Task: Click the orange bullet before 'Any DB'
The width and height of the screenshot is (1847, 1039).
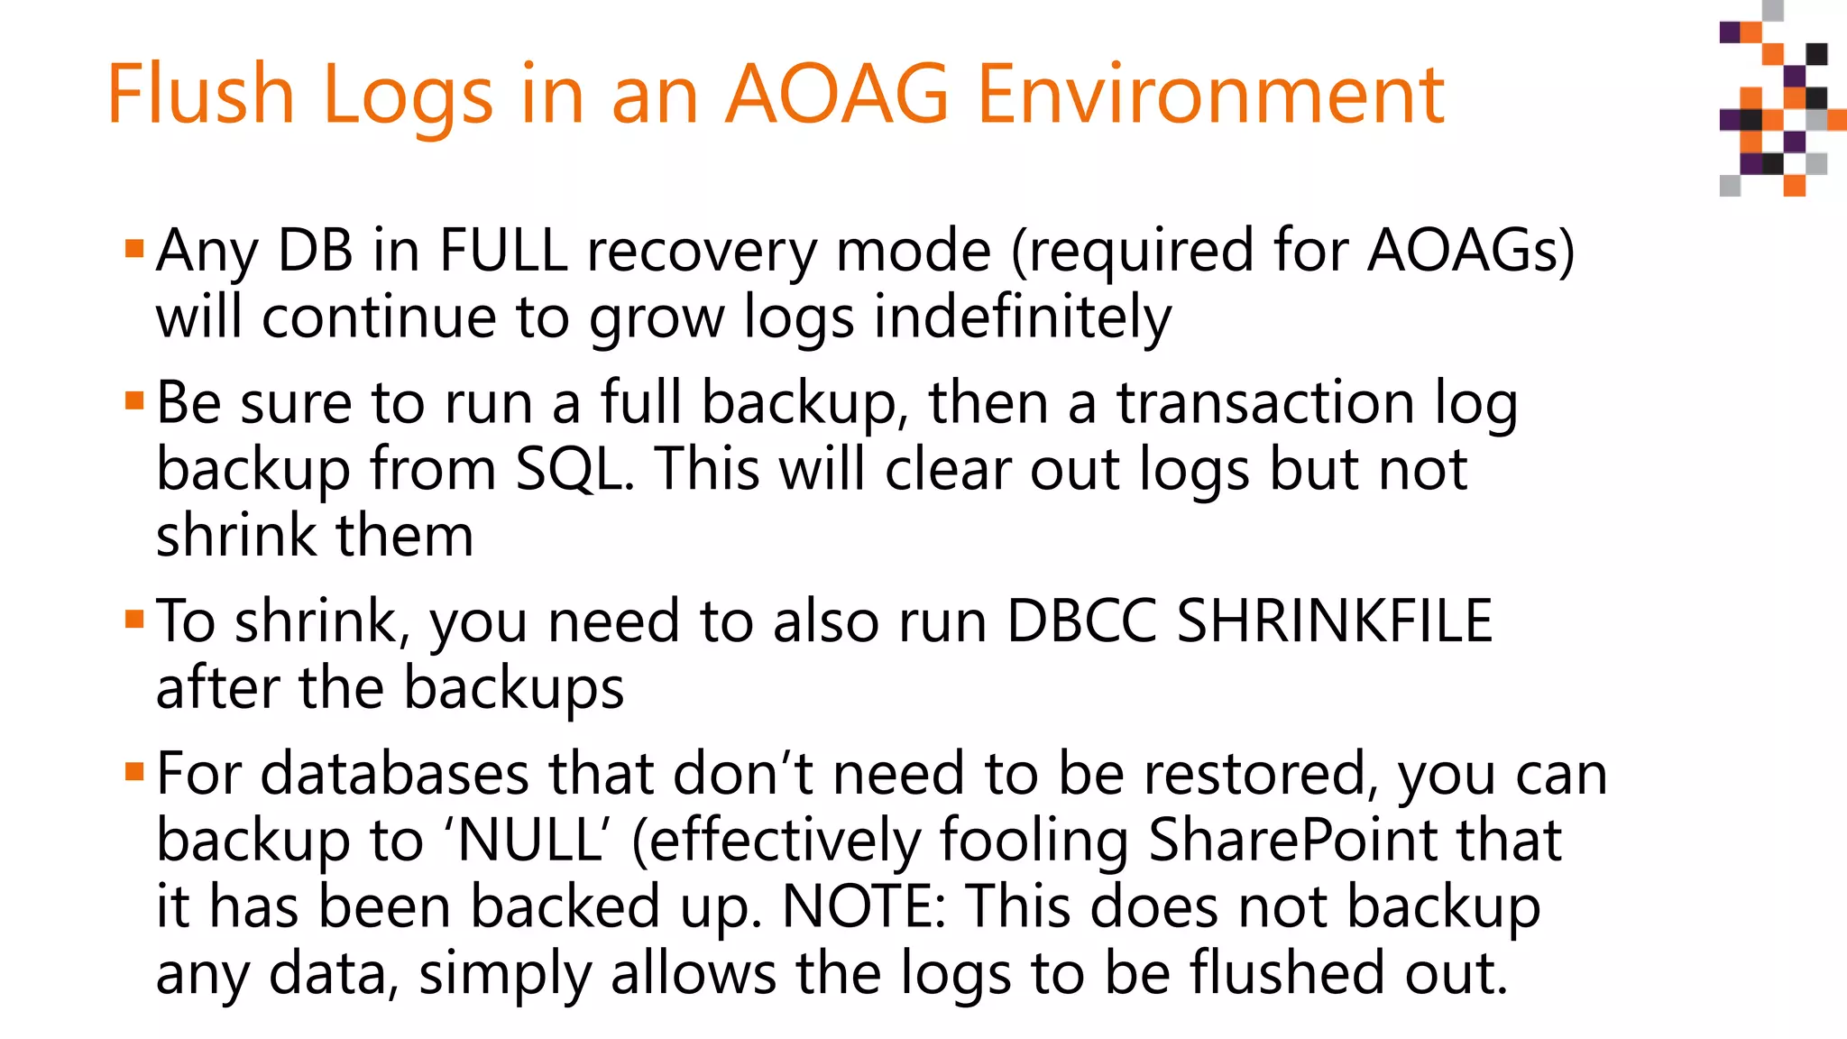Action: tap(134, 248)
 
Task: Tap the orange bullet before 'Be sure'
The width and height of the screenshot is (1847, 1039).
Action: tap(134, 400)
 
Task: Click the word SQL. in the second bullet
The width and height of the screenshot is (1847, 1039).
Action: tap(574, 469)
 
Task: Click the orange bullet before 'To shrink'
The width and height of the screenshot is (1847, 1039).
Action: tap(134, 619)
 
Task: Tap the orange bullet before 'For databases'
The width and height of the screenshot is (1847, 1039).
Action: tap(134, 771)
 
